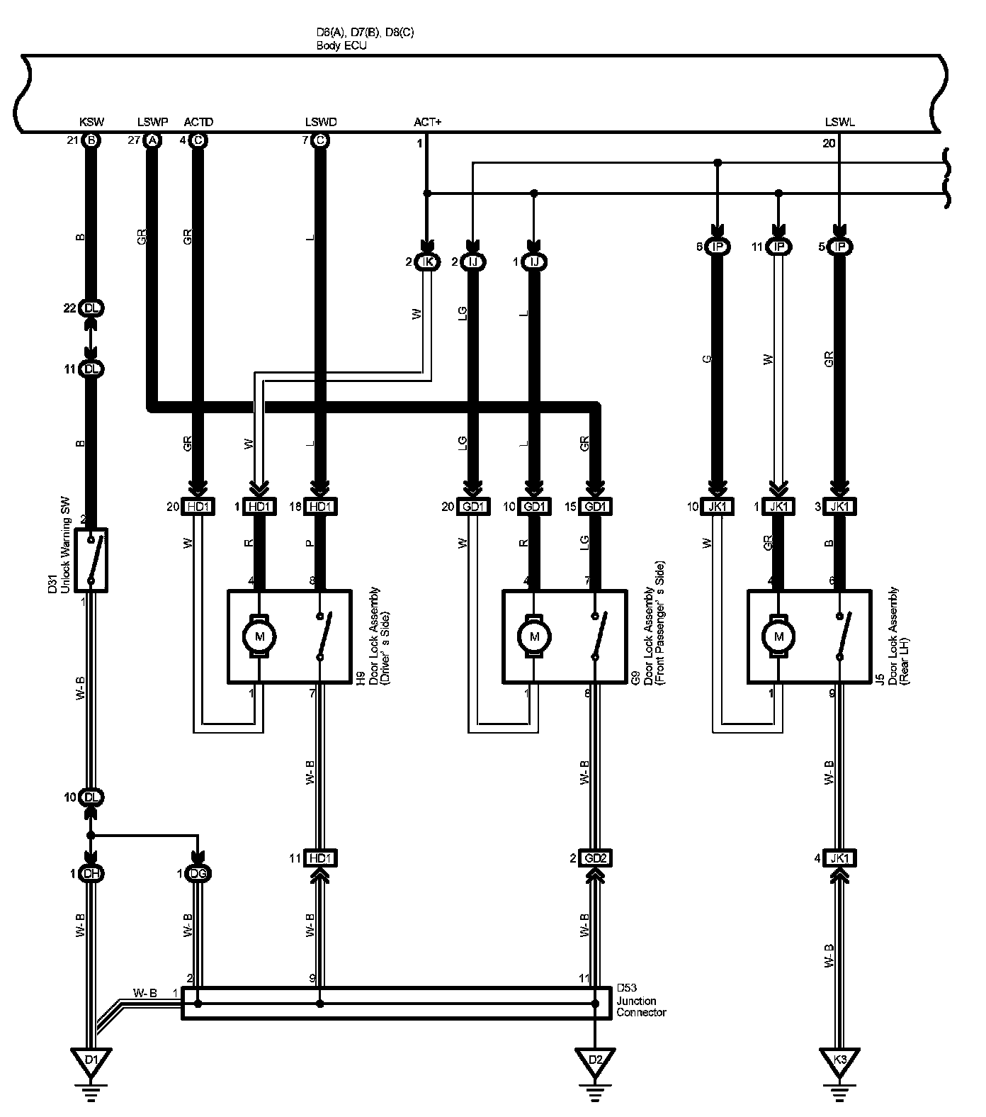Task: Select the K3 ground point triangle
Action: [x=839, y=1061]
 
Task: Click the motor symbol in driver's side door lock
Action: [x=259, y=636]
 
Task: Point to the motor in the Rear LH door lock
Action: [x=779, y=636]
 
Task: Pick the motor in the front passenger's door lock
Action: [x=533, y=636]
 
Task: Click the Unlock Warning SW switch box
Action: [x=91, y=559]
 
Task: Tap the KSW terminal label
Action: [x=91, y=123]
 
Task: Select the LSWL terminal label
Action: [x=839, y=123]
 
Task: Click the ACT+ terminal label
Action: [x=427, y=123]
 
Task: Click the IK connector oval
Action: [x=427, y=262]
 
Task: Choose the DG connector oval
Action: [x=198, y=874]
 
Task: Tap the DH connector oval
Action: [x=91, y=874]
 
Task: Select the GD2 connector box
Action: [x=594, y=858]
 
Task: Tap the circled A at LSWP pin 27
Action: [x=152, y=140]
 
